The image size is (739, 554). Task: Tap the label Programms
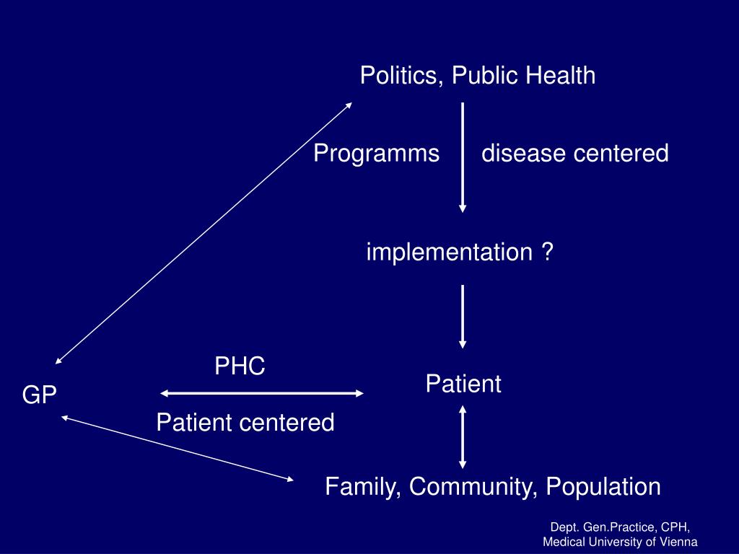pos(377,154)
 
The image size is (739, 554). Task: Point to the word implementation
pos(450,252)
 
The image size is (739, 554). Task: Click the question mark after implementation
pos(547,252)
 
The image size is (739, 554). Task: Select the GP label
pos(40,395)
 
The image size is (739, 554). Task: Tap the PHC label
pos(240,366)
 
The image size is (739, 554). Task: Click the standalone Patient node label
pos(463,384)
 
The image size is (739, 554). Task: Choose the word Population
pos(603,486)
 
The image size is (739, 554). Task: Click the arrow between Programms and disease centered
pos(463,157)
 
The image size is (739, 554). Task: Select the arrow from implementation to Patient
pos(463,317)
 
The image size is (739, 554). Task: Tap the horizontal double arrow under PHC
pos(261,393)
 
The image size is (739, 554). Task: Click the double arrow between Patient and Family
pos(463,437)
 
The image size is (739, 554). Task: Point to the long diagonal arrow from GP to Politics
pos(204,233)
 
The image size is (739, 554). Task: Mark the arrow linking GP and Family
pos(178,448)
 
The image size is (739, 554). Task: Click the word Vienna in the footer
pos(680,542)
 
